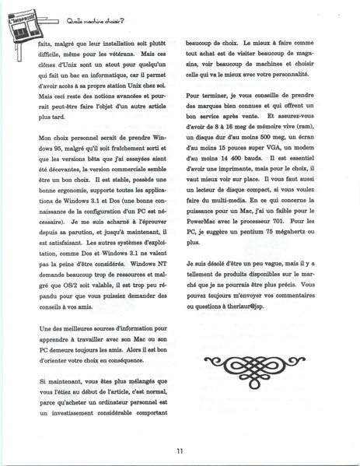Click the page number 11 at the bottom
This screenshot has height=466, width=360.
tap(179, 450)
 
